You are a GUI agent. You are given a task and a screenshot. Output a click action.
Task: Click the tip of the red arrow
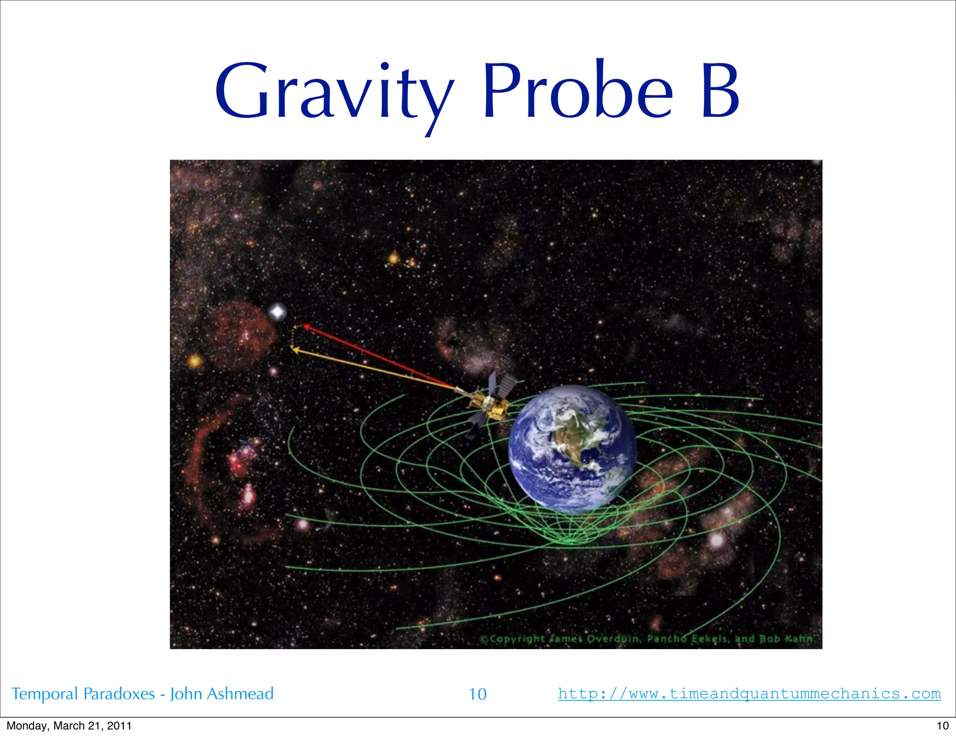(305, 326)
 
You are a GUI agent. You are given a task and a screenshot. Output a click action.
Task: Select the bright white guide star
(278, 311)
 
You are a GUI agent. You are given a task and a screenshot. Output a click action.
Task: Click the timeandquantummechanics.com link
(749, 694)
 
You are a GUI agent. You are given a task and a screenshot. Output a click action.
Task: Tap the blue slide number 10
(478, 694)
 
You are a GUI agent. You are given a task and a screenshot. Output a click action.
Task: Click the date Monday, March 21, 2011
(69, 726)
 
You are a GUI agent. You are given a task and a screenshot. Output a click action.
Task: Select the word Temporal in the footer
(44, 694)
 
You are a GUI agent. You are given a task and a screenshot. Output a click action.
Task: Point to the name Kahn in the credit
(799, 638)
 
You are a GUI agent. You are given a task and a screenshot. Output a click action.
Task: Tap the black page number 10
(942, 726)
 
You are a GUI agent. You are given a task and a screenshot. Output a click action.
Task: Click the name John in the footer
(185, 694)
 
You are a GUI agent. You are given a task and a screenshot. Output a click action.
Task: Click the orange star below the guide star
(195, 361)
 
